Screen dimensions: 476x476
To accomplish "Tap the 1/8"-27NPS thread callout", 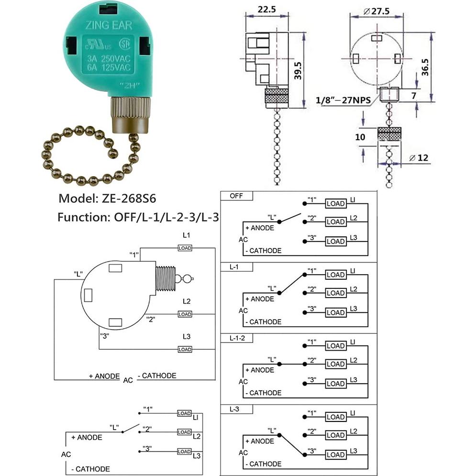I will click(x=346, y=100).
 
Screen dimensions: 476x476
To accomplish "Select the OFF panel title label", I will click(x=236, y=196).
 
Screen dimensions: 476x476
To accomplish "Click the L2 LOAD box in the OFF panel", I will click(x=335, y=222).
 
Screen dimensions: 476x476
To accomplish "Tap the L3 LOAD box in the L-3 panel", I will click(x=335, y=454).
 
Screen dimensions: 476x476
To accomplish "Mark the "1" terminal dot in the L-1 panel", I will click(x=304, y=275).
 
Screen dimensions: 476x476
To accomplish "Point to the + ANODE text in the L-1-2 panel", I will click(x=259, y=370).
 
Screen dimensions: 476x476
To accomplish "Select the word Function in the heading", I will click(x=82, y=217).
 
